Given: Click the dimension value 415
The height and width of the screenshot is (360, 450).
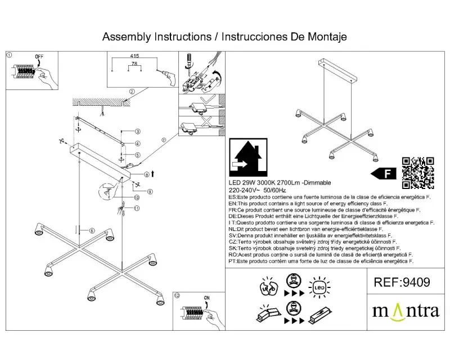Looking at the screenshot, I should (134, 57).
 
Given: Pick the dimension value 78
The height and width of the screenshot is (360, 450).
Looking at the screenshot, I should (134, 64).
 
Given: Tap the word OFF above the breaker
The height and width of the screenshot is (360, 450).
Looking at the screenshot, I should (39, 57).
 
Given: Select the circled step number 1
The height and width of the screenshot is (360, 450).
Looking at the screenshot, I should (9, 55).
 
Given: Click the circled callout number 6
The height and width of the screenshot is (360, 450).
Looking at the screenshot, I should (92, 229).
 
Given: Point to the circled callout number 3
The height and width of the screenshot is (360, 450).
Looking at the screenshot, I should (137, 132).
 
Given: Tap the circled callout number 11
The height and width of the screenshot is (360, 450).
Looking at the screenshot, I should (136, 208).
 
